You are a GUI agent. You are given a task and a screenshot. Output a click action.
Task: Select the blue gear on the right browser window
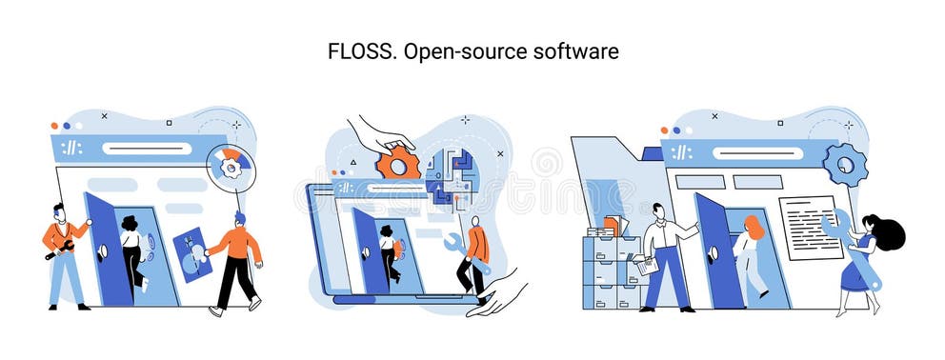[844, 164]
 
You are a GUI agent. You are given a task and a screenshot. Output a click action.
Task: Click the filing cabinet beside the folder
[610, 270]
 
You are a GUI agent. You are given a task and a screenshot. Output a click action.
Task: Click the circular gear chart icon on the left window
[230, 166]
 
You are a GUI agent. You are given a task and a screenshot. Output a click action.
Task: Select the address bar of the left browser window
[147, 149]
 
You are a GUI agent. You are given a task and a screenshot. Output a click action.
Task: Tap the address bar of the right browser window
[757, 152]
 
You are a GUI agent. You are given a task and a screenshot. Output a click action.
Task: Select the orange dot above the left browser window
[54, 125]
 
